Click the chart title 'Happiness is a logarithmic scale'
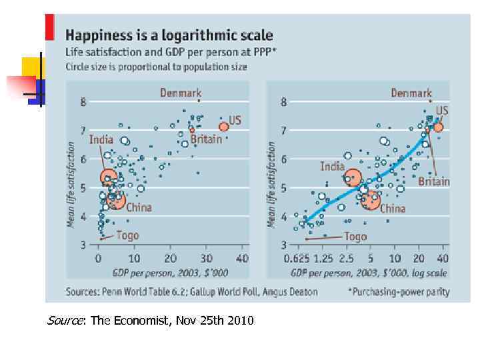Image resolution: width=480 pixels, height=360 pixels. coord(169,35)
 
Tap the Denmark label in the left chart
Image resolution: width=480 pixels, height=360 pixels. coord(180,93)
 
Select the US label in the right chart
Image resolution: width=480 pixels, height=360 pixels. coord(442,111)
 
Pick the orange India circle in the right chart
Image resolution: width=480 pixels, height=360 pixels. coord(353,177)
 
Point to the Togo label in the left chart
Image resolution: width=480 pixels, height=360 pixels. coord(127,235)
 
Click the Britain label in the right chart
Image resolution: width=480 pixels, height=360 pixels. coord(434,181)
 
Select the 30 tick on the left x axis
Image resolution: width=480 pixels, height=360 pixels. coord(206,259)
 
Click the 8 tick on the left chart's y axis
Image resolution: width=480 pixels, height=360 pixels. coord(83,103)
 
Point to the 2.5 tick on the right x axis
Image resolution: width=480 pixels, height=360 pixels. coord(347,259)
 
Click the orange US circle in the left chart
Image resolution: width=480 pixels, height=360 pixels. coord(224,127)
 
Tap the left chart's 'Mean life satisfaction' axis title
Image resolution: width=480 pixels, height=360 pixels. coord(71,184)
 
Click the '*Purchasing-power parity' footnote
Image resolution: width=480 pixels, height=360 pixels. coord(399,291)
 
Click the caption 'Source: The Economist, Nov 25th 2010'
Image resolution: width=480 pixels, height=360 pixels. coord(150,321)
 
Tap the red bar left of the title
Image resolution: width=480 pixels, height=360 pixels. coord(49,27)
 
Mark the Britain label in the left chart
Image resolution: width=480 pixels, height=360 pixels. coord(206,139)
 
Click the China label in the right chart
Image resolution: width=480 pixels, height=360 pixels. coord(393,209)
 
